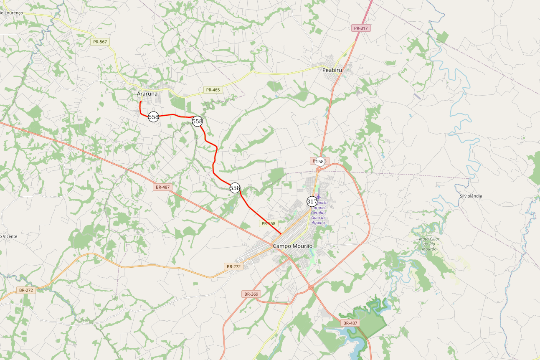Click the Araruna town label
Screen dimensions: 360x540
click(x=147, y=94)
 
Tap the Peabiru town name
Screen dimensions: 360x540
click(x=332, y=70)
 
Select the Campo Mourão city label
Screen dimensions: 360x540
click(x=292, y=246)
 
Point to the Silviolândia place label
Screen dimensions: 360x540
click(x=471, y=196)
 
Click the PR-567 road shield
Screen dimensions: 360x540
click(x=100, y=42)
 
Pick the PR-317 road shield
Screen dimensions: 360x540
click(x=361, y=28)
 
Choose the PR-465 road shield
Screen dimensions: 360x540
click(x=213, y=90)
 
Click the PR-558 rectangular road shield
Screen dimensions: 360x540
click(x=269, y=223)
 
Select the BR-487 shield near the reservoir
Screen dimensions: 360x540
click(x=350, y=323)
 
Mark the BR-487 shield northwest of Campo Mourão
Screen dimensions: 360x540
click(x=162, y=187)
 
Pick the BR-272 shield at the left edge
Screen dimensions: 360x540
click(x=26, y=290)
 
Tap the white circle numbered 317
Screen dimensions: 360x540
click(x=312, y=201)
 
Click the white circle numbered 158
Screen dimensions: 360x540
click(x=319, y=161)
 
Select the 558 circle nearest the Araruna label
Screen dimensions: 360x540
click(x=154, y=117)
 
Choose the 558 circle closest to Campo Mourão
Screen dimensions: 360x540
click(x=235, y=188)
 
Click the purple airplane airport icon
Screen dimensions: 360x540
click(x=319, y=196)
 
